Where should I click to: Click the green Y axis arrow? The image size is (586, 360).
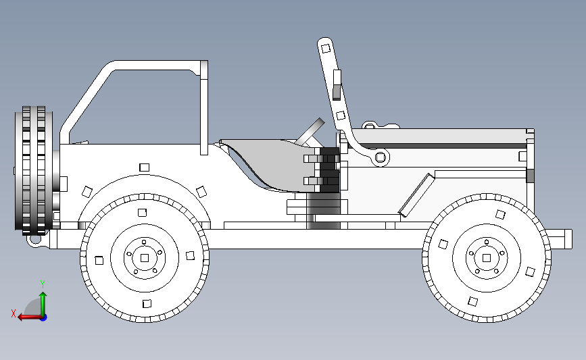click(43, 304)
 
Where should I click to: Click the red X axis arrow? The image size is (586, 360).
click(30, 317)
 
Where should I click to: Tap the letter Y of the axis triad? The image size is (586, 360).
click(43, 284)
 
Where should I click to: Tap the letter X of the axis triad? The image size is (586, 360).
click(14, 313)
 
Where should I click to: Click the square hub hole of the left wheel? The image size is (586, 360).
click(145, 258)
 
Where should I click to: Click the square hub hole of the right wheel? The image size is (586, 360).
click(487, 258)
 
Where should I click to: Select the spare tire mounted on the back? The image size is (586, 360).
click(34, 170)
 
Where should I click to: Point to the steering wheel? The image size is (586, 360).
click(310, 132)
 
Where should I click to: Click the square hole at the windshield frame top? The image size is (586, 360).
click(326, 49)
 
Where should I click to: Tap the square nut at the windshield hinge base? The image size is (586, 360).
click(381, 157)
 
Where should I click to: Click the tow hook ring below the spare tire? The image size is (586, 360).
click(36, 241)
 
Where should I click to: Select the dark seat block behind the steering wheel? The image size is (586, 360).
click(329, 170)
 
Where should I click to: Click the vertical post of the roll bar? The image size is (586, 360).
click(204, 107)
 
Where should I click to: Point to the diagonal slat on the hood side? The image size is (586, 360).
click(417, 195)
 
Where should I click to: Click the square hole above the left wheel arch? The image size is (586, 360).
click(144, 168)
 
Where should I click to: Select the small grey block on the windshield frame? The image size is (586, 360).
click(337, 93)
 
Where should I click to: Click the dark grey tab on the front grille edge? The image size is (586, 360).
click(530, 176)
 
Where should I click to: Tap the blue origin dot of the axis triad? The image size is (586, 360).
click(44, 318)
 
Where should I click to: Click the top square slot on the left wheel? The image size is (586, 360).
click(142, 213)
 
